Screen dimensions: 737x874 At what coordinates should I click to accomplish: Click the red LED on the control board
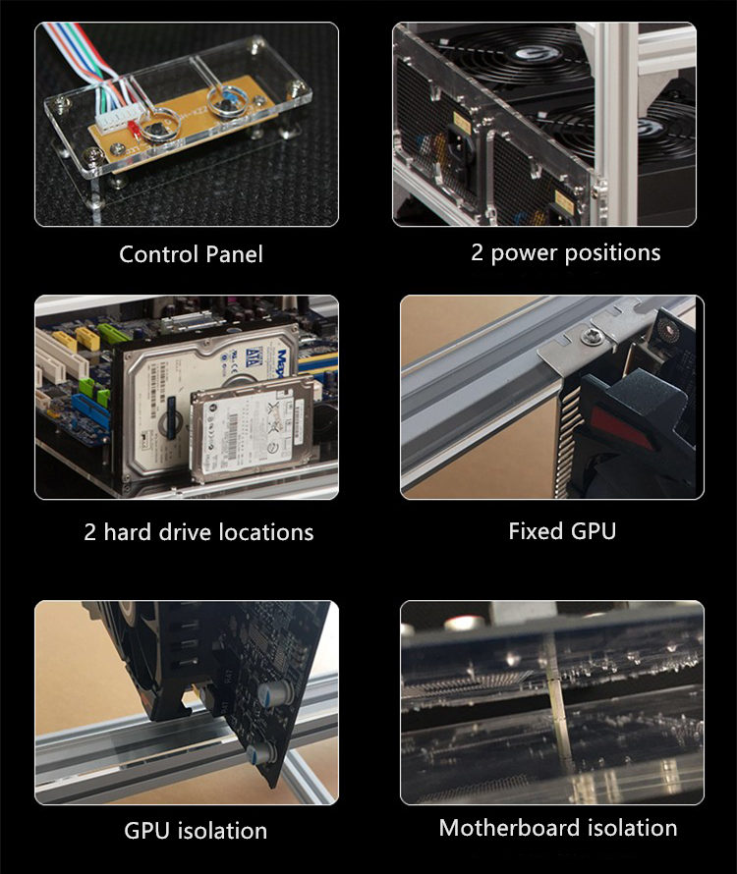tap(134, 129)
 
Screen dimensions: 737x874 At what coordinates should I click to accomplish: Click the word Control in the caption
tap(159, 254)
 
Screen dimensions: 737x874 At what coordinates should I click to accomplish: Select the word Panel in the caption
tap(234, 254)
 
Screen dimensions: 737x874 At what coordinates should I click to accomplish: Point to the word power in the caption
tap(524, 253)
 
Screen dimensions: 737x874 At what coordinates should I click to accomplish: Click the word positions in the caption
tap(612, 253)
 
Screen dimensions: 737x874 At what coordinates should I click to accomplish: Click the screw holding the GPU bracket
tap(590, 336)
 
